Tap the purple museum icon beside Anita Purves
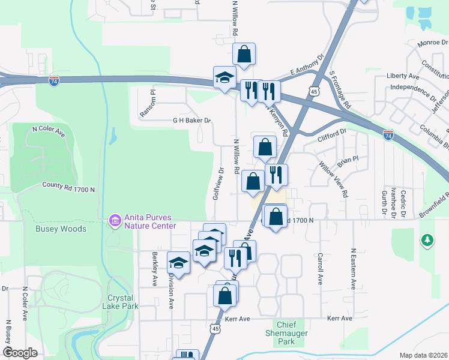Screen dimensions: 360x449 tap(114, 221)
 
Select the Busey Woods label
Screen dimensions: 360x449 tap(61, 229)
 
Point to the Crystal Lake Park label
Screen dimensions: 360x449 tap(123, 302)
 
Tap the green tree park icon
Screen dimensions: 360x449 tap(427, 240)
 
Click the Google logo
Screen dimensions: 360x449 tap(20, 352)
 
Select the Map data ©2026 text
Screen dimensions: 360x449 tap(423, 355)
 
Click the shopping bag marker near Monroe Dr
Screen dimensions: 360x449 tap(244, 54)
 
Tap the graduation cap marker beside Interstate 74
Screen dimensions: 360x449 tap(225, 78)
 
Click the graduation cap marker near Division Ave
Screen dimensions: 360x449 tap(179, 262)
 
